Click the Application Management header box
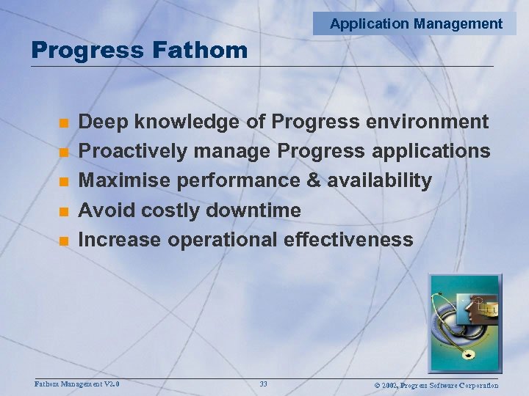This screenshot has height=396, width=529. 416,23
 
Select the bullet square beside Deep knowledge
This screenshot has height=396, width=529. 64,122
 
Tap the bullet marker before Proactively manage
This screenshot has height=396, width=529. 64,152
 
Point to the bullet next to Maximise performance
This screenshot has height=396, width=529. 64,181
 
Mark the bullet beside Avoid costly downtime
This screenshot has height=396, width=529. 64,211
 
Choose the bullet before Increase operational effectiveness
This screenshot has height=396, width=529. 64,241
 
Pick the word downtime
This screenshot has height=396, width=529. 253,210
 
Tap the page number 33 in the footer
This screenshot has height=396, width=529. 263,384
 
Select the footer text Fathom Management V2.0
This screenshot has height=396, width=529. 77,384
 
